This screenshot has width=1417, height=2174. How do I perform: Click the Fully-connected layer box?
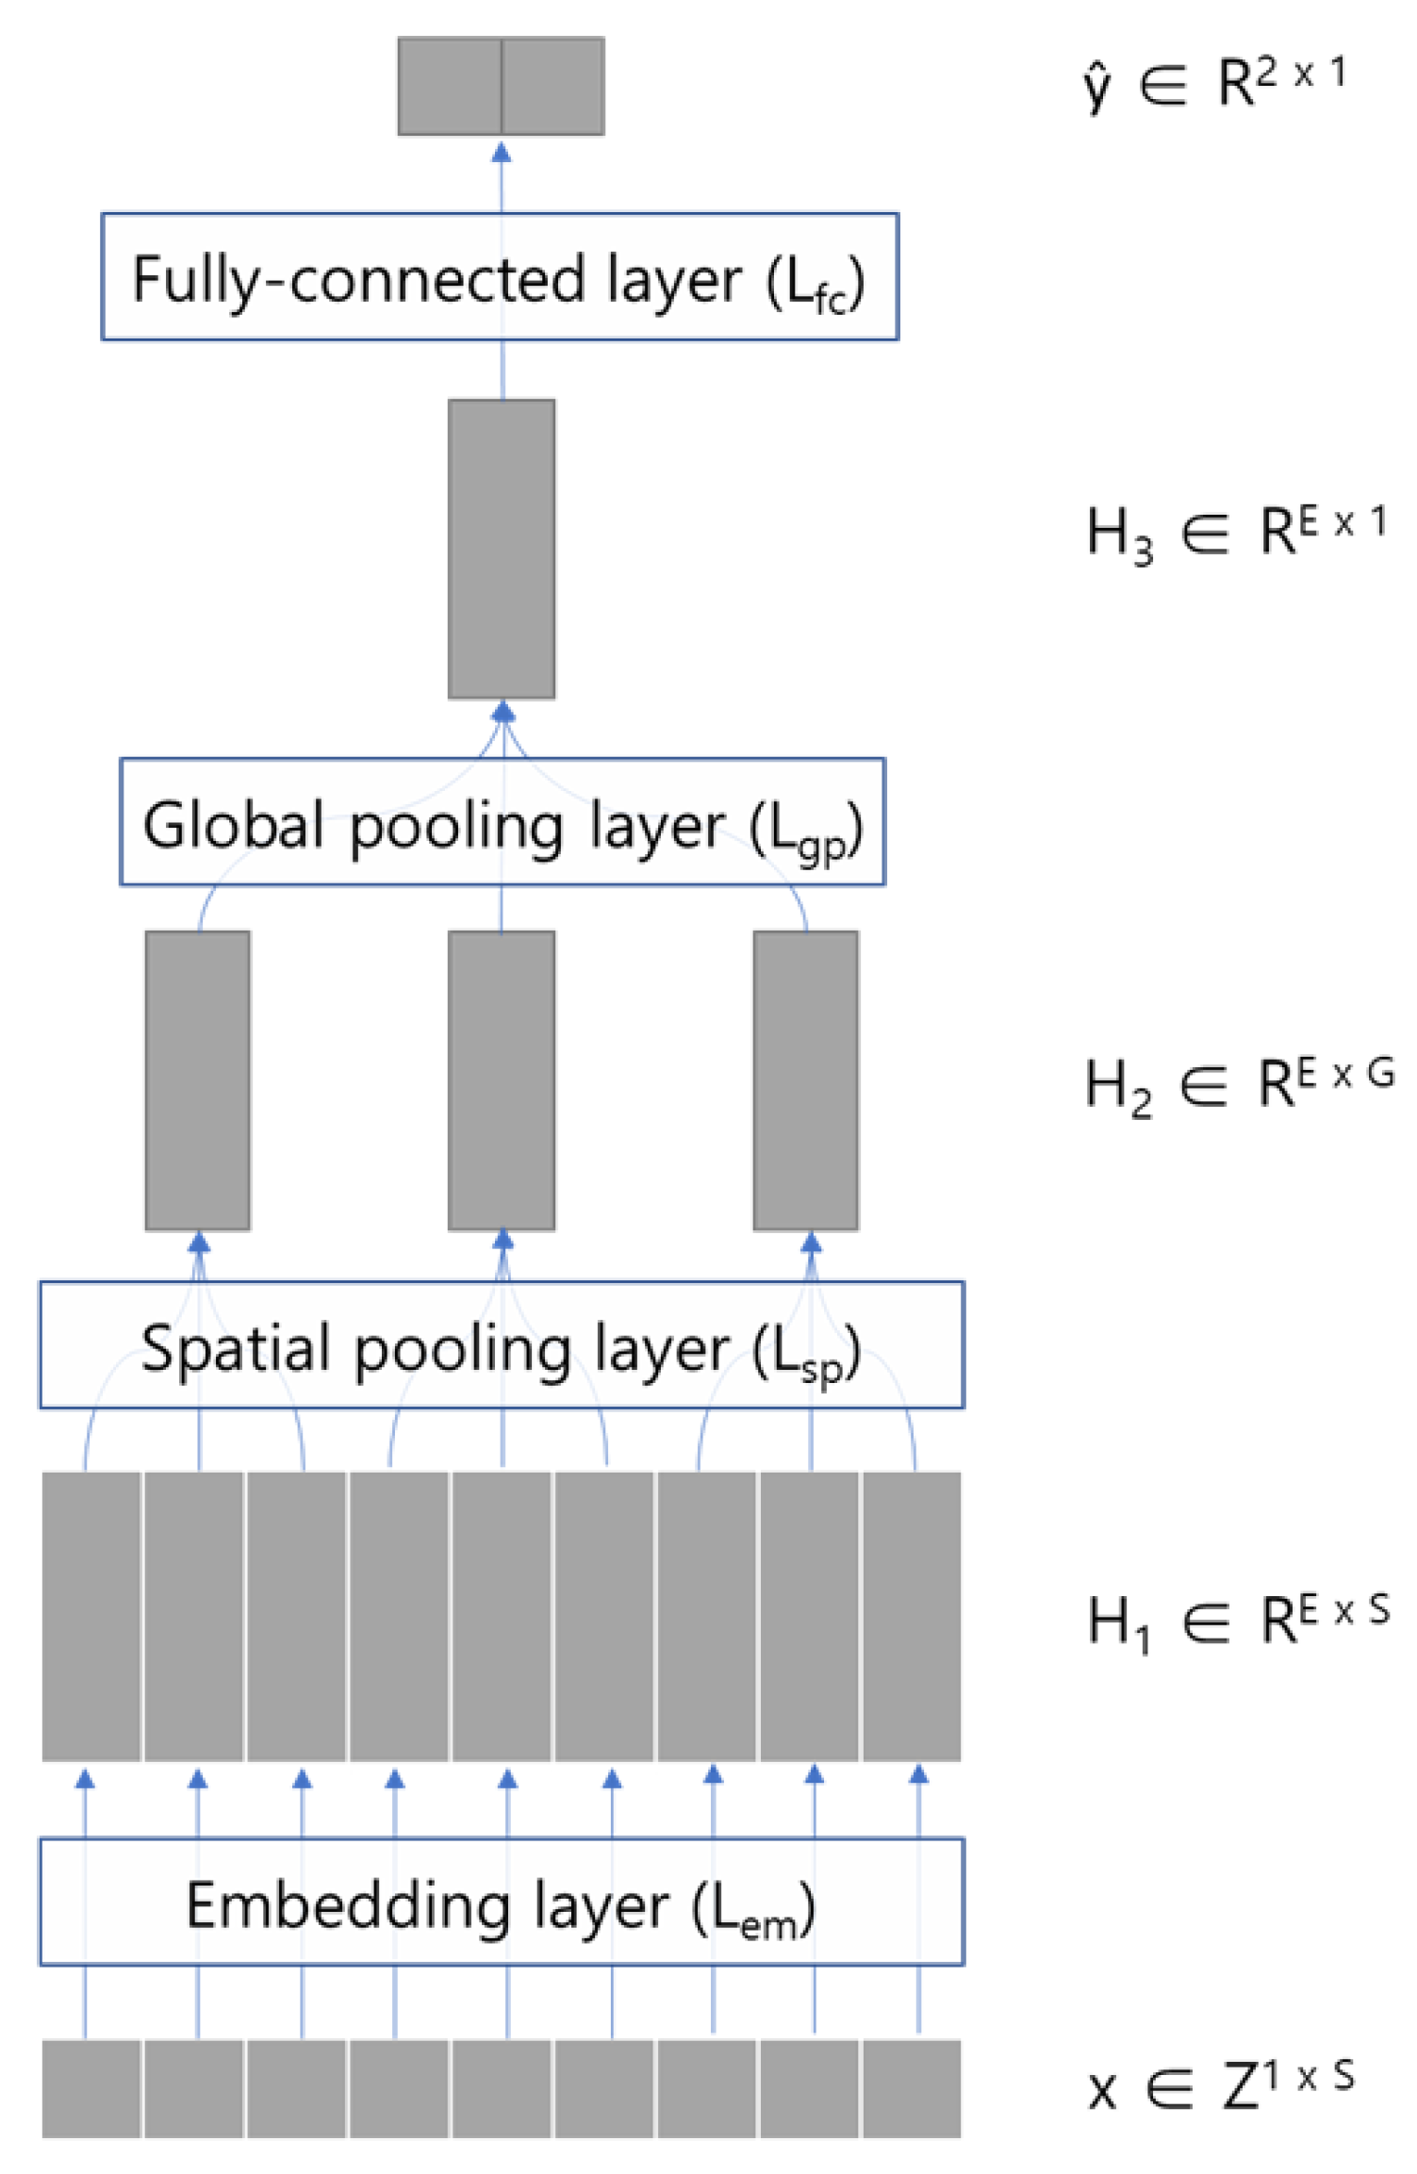[x=500, y=276]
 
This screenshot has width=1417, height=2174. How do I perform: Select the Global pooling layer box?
[x=502, y=821]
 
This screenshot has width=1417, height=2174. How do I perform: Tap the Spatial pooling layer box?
[x=502, y=1344]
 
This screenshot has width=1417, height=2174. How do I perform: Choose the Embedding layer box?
[x=502, y=1902]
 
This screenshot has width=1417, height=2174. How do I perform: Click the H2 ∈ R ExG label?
[x=1239, y=1084]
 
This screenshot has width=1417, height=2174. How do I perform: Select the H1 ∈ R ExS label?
[x=1239, y=1622]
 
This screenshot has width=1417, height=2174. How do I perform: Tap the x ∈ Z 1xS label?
[x=1222, y=2085]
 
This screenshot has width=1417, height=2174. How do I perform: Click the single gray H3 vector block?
[x=502, y=549]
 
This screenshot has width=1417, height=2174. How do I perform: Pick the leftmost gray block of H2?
[x=198, y=1080]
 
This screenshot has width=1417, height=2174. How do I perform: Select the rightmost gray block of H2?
[x=806, y=1080]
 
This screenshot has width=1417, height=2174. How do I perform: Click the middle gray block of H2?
[x=502, y=1080]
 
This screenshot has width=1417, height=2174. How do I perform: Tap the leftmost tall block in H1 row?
[x=91, y=1616]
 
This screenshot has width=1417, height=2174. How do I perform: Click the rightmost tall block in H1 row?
[x=912, y=1616]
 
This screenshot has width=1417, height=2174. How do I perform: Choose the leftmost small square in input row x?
[x=91, y=2088]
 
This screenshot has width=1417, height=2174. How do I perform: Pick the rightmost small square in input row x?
[x=912, y=2088]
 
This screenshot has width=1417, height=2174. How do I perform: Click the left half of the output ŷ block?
[x=450, y=86]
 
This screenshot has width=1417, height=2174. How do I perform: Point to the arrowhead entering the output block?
[x=502, y=152]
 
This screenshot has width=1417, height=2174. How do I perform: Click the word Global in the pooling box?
[x=234, y=825]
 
